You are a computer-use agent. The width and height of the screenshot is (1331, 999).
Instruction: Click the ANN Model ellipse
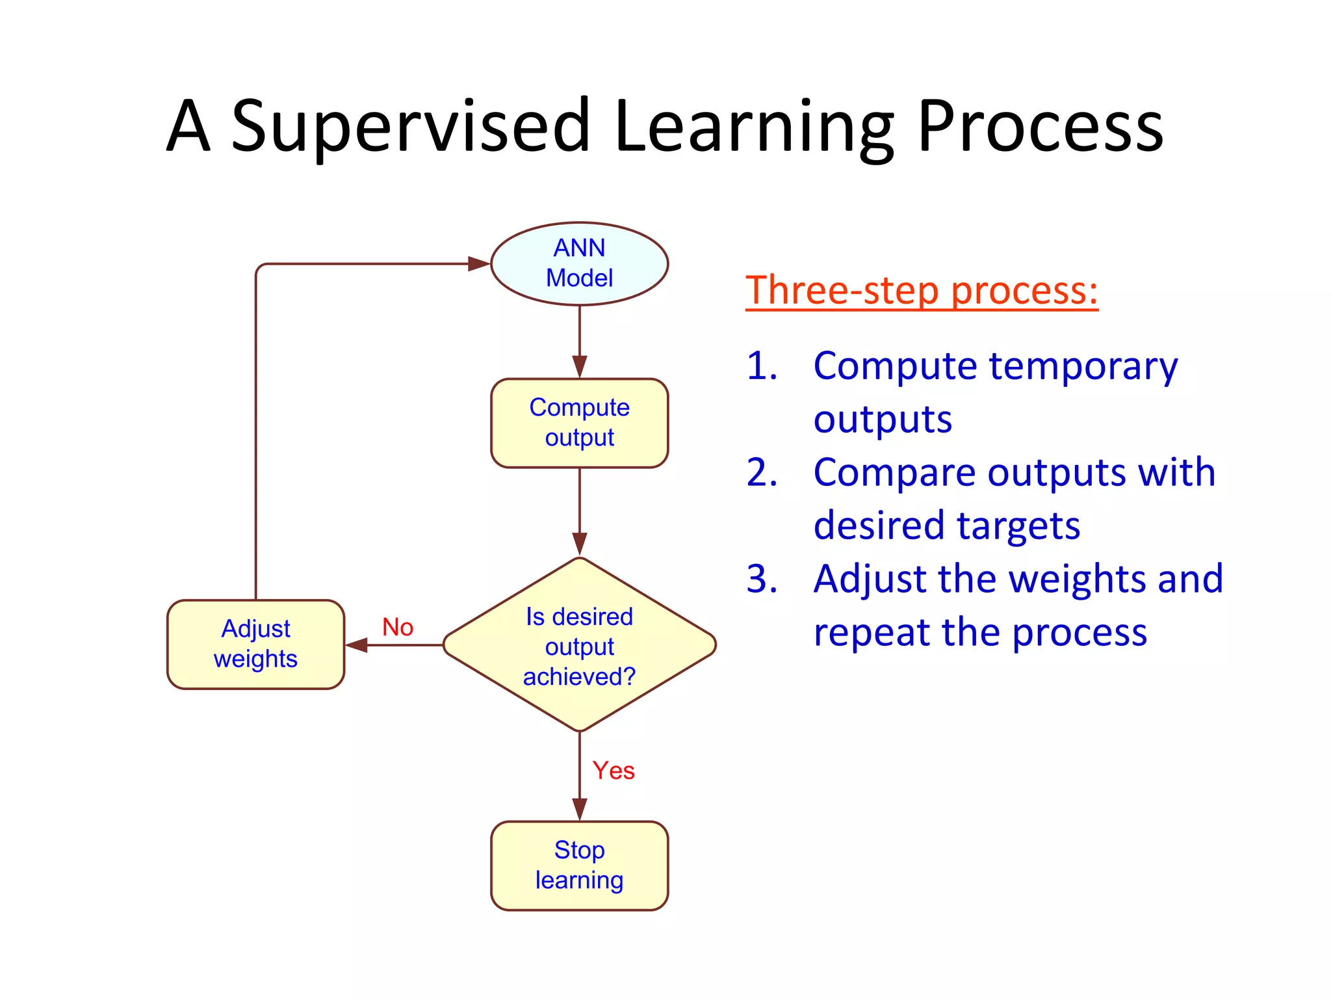579,263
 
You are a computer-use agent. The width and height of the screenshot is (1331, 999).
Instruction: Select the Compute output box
579,423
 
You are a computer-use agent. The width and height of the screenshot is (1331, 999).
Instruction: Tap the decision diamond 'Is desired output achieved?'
579,645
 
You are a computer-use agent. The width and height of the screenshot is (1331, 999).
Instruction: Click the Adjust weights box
255,644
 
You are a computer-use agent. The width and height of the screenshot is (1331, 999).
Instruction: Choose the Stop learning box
579,865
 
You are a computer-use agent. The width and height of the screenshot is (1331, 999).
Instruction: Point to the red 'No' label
398,627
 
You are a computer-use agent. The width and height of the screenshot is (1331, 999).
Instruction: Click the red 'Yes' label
613,770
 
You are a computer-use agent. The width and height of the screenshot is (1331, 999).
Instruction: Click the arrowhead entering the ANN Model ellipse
479,263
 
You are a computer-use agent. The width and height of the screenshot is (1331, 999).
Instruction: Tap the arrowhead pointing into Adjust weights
357,645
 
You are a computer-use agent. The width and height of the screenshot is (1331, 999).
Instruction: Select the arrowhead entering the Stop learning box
579,809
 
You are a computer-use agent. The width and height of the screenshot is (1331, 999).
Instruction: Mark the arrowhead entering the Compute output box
579,366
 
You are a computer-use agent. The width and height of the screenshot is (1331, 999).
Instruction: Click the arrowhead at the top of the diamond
579,544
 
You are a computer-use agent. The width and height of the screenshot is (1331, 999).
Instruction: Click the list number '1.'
762,366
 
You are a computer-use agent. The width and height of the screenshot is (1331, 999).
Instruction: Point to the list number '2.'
762,472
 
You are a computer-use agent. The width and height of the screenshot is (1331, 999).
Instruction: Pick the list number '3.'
762,579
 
